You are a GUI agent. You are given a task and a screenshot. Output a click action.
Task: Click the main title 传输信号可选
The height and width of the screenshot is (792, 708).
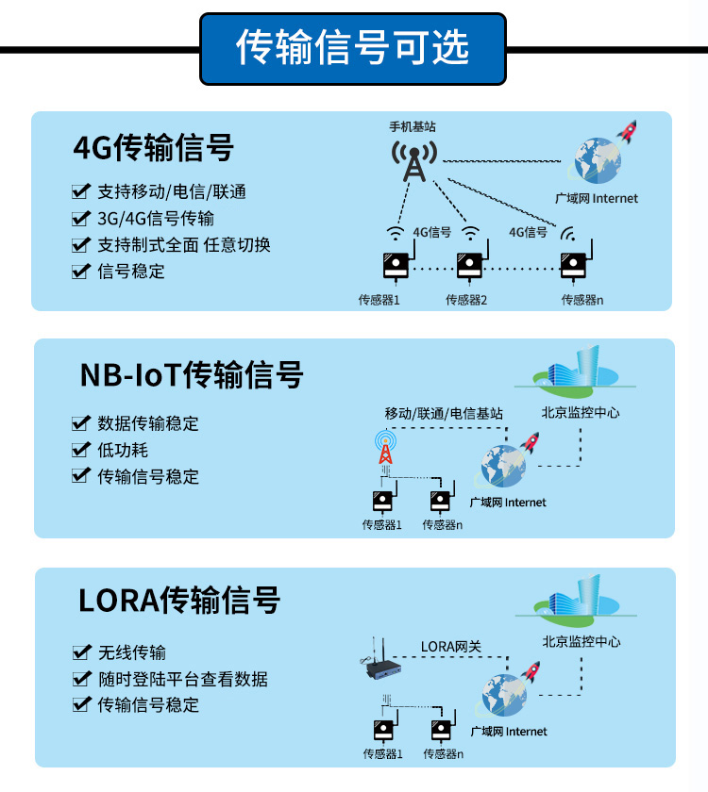pyautogui.click(x=352, y=47)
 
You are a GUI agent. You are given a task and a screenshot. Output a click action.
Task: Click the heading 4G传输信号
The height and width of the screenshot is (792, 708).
pyautogui.click(x=153, y=147)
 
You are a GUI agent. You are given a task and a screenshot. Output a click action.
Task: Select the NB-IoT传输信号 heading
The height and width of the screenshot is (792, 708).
pyautogui.click(x=192, y=375)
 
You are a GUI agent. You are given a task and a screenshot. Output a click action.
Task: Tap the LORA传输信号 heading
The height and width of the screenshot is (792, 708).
pyautogui.click(x=179, y=600)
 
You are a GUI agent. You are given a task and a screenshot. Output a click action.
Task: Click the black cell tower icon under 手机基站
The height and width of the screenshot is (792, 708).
pyautogui.click(x=414, y=161)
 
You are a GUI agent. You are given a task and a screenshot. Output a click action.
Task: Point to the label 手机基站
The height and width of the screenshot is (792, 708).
pyautogui.click(x=413, y=126)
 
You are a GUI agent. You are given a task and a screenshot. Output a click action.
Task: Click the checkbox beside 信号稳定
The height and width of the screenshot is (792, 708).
pyautogui.click(x=81, y=272)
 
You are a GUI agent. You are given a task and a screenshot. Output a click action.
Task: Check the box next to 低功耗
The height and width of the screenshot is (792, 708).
pyautogui.click(x=81, y=449)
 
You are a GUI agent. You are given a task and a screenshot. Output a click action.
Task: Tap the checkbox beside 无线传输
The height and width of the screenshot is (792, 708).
pyautogui.click(x=82, y=652)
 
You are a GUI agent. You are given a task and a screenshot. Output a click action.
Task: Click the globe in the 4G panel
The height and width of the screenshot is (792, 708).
pyautogui.click(x=597, y=160)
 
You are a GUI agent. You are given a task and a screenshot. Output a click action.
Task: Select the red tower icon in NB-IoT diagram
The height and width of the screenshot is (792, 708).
pyautogui.click(x=385, y=447)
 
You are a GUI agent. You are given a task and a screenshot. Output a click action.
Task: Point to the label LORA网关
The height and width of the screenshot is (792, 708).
pyautogui.click(x=450, y=647)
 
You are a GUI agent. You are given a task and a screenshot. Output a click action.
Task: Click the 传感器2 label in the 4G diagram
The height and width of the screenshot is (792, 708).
pyautogui.click(x=465, y=300)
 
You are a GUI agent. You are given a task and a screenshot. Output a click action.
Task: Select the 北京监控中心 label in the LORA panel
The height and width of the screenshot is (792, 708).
pyautogui.click(x=582, y=641)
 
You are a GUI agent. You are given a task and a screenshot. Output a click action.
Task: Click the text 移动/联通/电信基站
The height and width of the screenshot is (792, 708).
pyautogui.click(x=444, y=414)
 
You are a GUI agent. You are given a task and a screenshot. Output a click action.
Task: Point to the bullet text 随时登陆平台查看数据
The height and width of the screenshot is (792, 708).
pyautogui.click(x=183, y=679)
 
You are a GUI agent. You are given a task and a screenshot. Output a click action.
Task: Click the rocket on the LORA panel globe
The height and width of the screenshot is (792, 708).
pyautogui.click(x=531, y=671)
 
